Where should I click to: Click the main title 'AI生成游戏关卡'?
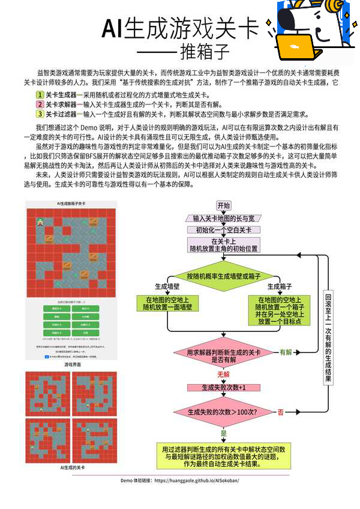tap(180, 28)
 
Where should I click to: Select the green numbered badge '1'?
tap(40, 94)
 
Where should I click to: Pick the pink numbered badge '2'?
tap(40, 104)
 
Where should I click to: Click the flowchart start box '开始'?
tap(224, 205)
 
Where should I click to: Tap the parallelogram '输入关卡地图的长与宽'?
tap(224, 218)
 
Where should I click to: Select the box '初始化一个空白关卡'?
tap(224, 230)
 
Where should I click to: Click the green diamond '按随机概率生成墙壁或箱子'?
tap(224, 276)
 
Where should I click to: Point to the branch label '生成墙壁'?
tap(167, 286)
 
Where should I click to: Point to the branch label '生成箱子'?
tap(280, 286)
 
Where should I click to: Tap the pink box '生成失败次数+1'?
tap(224, 388)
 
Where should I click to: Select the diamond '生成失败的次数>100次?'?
tap(224, 412)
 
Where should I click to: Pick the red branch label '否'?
tap(280, 412)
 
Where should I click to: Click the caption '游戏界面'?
tap(71, 364)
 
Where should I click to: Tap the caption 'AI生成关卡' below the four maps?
tap(71, 466)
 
